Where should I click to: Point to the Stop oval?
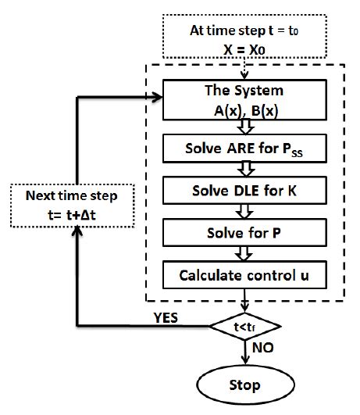point(244,386)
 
